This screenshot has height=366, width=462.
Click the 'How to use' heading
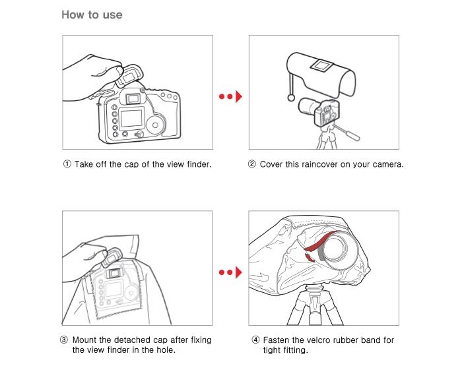[x=92, y=15]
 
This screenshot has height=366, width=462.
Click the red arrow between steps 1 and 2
[x=230, y=96]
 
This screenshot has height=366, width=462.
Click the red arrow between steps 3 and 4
[x=230, y=272]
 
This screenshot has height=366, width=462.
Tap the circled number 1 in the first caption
[x=67, y=164]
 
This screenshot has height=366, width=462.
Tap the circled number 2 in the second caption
[x=252, y=164]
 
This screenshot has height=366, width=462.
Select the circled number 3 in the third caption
[x=64, y=340]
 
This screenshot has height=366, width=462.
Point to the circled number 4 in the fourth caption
[x=255, y=340]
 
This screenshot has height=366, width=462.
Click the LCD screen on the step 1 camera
[x=132, y=118]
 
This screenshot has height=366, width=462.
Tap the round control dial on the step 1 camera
[x=155, y=125]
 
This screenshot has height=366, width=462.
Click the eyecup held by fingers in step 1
[x=129, y=76]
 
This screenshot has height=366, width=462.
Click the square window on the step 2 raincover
[x=321, y=65]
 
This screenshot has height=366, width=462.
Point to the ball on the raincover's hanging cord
[x=291, y=98]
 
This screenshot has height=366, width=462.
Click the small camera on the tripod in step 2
[x=319, y=111]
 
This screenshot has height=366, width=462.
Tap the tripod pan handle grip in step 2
[x=352, y=135]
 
